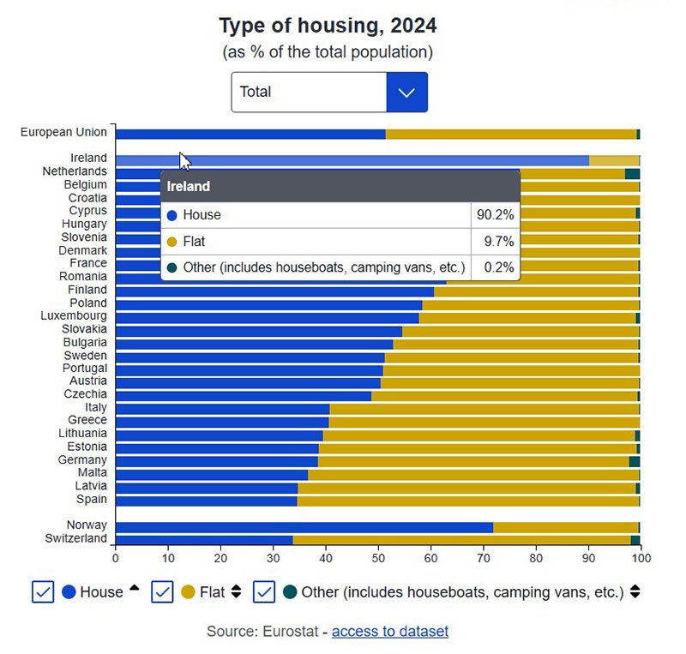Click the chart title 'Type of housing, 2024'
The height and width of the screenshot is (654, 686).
(328, 25)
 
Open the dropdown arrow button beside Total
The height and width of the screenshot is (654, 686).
(406, 92)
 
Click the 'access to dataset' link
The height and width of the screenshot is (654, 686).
(389, 632)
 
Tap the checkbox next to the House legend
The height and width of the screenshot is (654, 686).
(43, 591)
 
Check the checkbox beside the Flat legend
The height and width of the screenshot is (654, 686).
(163, 591)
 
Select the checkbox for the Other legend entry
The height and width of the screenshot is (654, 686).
(264, 591)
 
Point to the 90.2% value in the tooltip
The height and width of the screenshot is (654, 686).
(495, 215)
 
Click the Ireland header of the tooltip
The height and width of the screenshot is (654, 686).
(189, 186)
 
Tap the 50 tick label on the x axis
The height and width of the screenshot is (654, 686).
(378, 558)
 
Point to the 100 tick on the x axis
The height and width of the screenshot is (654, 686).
(641, 558)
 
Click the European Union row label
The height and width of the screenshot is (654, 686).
(64, 132)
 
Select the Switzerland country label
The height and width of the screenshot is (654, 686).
(76, 538)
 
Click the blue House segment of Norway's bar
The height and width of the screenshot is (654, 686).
(300, 527)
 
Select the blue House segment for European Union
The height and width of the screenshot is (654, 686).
(249, 134)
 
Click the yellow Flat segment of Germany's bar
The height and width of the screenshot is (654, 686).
(472, 460)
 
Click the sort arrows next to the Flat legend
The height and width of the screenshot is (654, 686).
(237, 591)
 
